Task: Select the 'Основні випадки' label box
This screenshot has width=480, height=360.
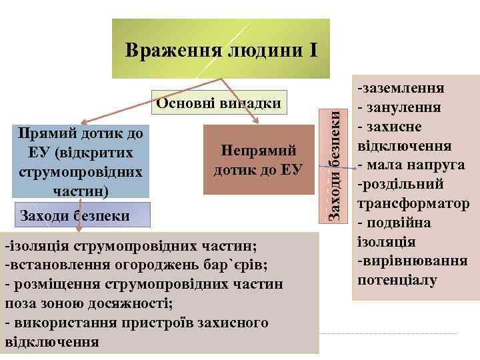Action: click(x=218, y=104)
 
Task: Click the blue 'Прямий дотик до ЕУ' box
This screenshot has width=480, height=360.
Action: click(x=81, y=162)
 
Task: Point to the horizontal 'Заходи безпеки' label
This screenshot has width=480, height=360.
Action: click(x=74, y=216)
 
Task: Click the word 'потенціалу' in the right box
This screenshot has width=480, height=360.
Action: click(x=397, y=280)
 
